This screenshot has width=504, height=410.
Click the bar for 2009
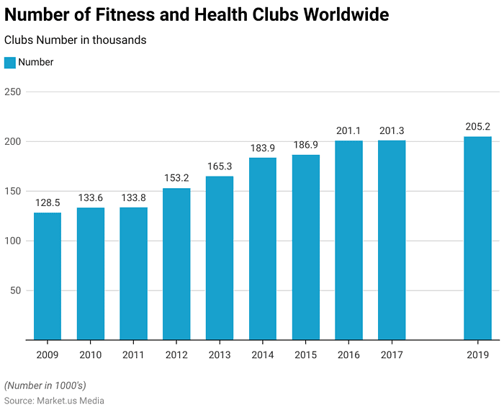click(x=48, y=276)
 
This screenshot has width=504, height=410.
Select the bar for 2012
click(x=176, y=264)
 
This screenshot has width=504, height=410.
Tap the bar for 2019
click(x=477, y=238)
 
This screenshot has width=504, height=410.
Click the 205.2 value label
click(x=477, y=127)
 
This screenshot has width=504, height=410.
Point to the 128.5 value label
click(x=48, y=203)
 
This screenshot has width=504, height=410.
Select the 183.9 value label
click(x=263, y=148)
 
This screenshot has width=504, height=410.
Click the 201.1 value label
click(x=348, y=130)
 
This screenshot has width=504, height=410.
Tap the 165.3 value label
click(x=220, y=166)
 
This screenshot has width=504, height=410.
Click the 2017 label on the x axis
click(x=391, y=355)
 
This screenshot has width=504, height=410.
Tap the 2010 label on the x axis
click(x=91, y=355)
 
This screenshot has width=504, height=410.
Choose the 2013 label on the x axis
click(x=220, y=355)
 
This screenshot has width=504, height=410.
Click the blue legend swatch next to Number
click(x=10, y=63)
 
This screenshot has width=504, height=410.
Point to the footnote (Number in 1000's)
click(x=45, y=386)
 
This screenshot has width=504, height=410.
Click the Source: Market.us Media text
click(x=54, y=401)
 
